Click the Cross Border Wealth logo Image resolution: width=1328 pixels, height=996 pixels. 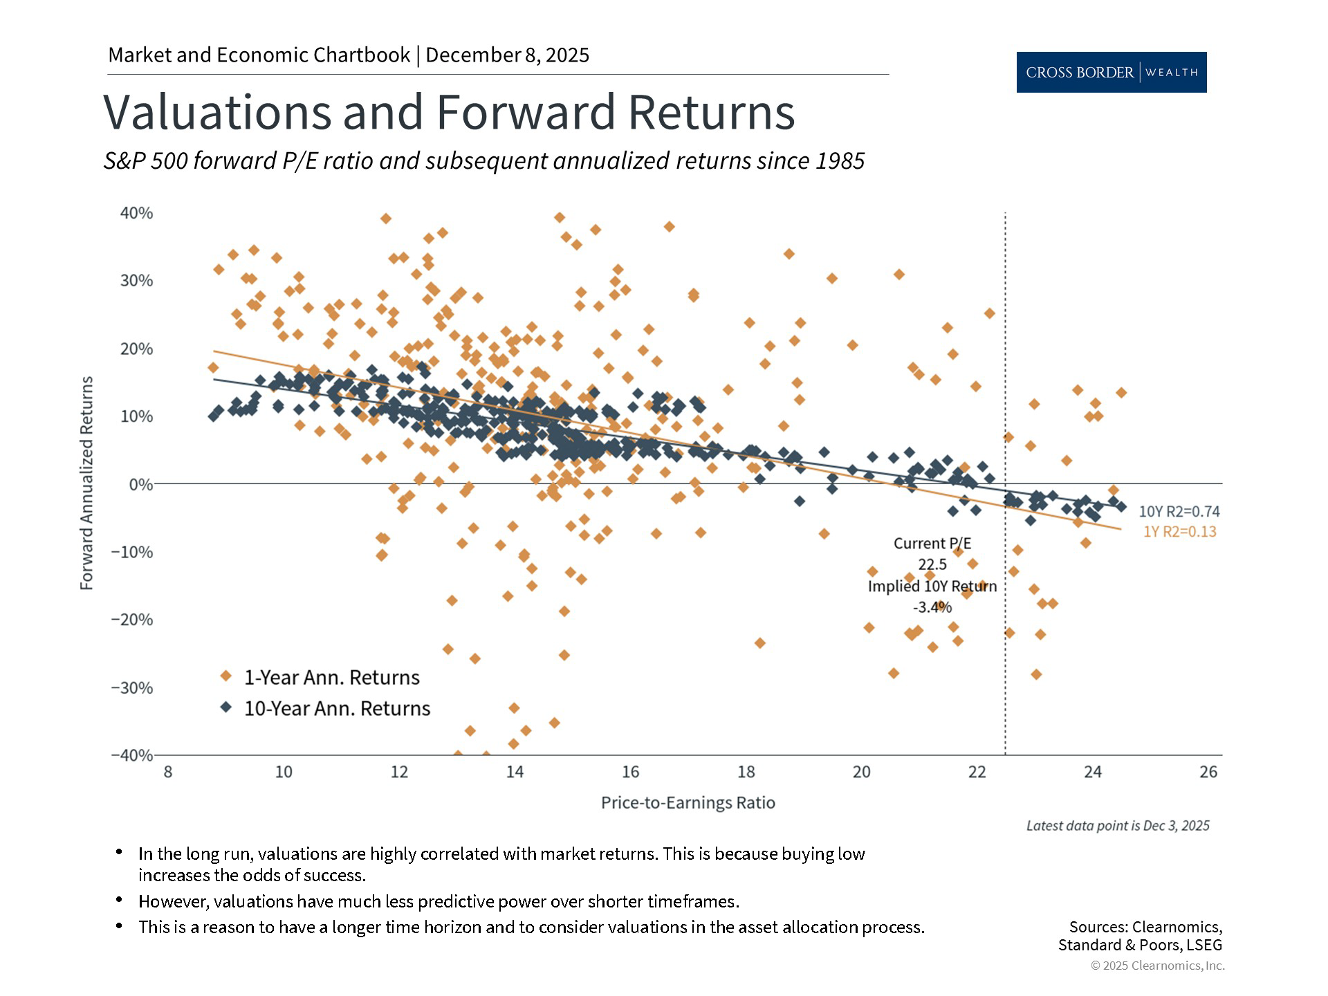[x=1111, y=72]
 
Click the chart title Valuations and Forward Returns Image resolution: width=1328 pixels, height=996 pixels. [x=449, y=112]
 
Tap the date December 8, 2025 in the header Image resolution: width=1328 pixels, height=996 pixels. [x=507, y=55]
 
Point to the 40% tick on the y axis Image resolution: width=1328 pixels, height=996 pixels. [x=136, y=213]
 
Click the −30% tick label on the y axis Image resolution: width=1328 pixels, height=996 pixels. [x=132, y=688]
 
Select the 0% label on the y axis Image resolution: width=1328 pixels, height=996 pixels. [x=140, y=484]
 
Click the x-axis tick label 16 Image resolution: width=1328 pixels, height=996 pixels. [x=630, y=772]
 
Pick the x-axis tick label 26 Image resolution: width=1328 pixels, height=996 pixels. [x=1208, y=772]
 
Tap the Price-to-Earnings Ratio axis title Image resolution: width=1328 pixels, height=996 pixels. [x=688, y=802]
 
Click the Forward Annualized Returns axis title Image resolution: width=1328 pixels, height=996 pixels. [x=86, y=483]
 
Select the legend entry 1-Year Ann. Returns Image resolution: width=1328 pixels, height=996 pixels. [x=331, y=677]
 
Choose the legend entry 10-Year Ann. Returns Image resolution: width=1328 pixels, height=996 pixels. [x=337, y=708]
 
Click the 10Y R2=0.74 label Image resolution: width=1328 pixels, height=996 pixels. [x=1179, y=511]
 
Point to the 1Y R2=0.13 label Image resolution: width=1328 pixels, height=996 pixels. [x=1179, y=531]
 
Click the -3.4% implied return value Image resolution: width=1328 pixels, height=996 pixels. [x=932, y=607]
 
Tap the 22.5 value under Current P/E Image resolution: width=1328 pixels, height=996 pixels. [x=932, y=564]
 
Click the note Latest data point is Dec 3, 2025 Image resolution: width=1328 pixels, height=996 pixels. [x=1117, y=825]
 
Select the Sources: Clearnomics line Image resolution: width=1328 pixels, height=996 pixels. [x=1145, y=926]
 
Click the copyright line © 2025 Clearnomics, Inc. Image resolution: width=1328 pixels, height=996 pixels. [x=1157, y=966]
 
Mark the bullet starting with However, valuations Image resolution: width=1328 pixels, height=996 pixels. [x=439, y=901]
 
